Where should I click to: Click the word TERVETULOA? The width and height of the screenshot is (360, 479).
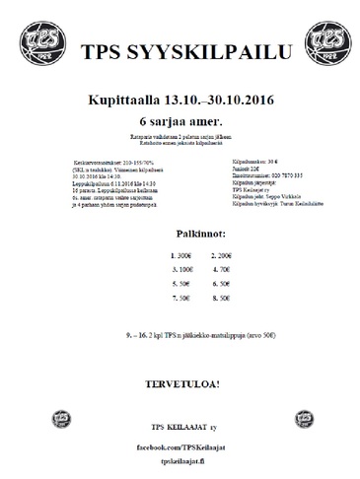[180, 379]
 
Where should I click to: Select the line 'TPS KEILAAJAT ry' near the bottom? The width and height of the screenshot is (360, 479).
[180, 426]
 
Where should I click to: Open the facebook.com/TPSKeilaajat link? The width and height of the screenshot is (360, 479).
[180, 445]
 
